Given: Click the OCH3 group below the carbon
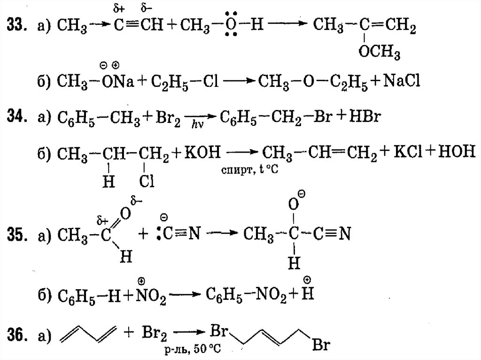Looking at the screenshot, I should (380, 53).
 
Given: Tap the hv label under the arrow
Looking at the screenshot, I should (197, 125).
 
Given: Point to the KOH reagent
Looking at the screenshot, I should (202, 153).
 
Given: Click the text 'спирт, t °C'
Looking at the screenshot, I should (249, 171).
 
